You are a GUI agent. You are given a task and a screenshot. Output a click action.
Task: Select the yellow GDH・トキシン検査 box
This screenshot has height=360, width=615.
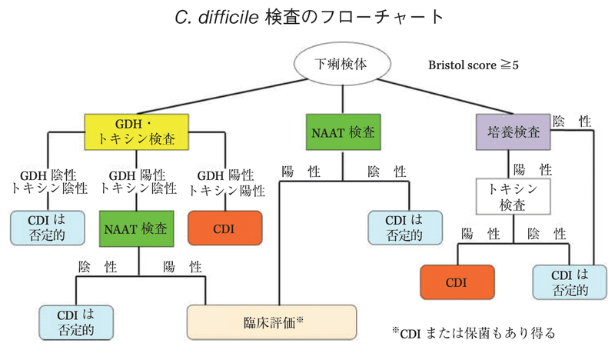pyautogui.click(x=137, y=132)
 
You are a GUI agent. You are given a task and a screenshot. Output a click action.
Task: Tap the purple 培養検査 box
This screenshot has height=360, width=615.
pyautogui.click(x=512, y=132)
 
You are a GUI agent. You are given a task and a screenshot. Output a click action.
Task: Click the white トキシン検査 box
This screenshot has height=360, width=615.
pyautogui.click(x=513, y=196)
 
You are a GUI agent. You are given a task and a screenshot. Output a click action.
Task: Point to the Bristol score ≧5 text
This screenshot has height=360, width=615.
pyautogui.click(x=474, y=65)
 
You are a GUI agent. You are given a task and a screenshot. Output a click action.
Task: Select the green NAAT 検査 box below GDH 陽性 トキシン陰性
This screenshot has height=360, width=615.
pyautogui.click(x=138, y=228)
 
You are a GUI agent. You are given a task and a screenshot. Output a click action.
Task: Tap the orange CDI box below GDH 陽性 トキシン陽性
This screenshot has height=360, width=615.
pyautogui.click(x=227, y=228)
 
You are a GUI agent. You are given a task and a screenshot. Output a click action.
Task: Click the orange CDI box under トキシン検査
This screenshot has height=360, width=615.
pyautogui.click(x=457, y=282)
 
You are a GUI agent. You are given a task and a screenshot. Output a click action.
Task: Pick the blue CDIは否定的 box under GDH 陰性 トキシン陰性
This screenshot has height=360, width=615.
pyautogui.click(x=48, y=228)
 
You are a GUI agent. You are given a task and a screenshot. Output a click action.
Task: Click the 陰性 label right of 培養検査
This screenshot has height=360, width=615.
pyautogui.click(x=572, y=121)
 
